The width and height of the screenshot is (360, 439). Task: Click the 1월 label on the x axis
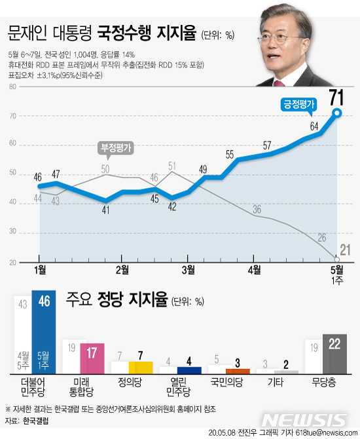point(40,269)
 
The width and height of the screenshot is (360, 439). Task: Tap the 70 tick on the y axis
point(12,116)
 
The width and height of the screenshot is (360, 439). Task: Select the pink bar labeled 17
point(92,356)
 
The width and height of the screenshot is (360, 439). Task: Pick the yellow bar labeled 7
point(140,367)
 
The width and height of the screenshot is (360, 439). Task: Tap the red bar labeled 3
point(236,370)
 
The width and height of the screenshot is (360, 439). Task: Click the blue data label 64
point(314,126)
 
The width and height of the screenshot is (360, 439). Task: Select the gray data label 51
point(173,166)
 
